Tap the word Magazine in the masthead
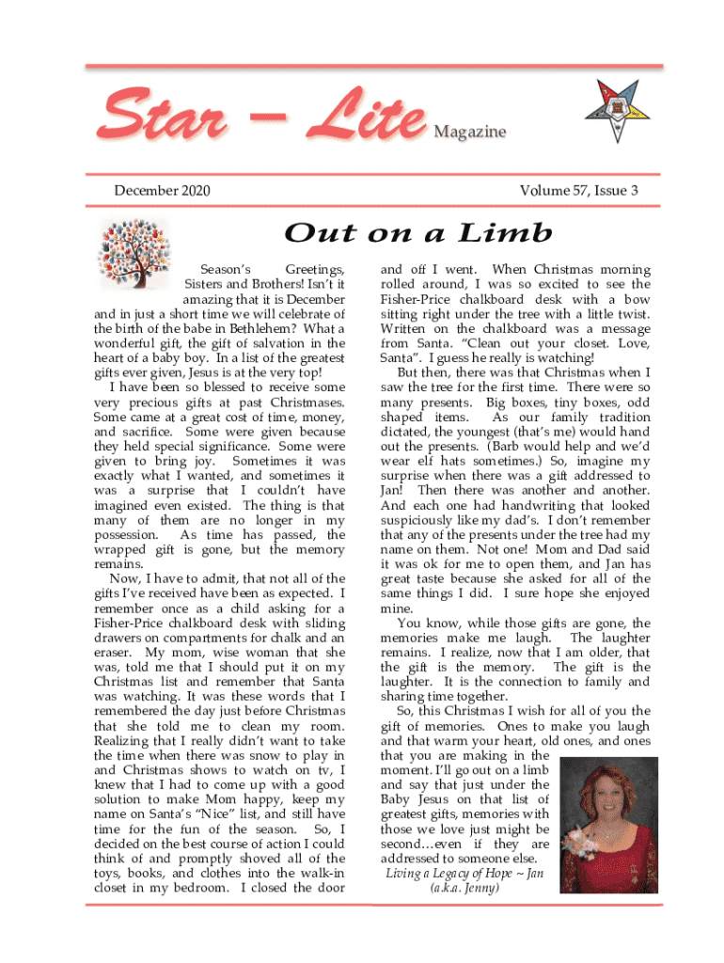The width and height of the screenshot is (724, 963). click(469, 133)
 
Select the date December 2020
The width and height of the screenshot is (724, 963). click(162, 191)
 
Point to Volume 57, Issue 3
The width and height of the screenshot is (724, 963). click(578, 191)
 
